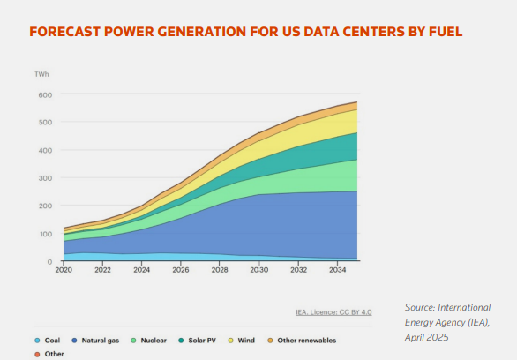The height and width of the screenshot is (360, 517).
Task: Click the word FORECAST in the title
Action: point(64,32)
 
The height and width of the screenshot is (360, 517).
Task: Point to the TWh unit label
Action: point(41,74)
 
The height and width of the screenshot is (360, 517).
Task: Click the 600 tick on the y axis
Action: point(45,95)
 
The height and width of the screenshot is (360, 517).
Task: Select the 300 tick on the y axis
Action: point(45,178)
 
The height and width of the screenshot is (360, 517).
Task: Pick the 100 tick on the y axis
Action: point(46,234)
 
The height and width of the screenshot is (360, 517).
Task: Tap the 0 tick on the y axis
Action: point(49,262)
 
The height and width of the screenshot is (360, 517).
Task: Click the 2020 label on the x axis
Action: point(64,270)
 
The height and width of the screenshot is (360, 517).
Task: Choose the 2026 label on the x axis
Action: point(181,270)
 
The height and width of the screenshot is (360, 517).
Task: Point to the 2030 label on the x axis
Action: point(259,270)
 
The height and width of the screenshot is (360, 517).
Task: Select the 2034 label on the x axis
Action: point(338,270)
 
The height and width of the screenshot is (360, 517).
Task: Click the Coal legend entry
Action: point(48,341)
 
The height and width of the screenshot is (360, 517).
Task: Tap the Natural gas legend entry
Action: point(95,341)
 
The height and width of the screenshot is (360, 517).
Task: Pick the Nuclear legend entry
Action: point(149,341)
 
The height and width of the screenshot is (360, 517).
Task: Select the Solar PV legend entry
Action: point(197,341)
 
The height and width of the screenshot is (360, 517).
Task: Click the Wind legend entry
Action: point(242,341)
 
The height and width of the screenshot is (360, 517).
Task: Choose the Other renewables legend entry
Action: point(302,341)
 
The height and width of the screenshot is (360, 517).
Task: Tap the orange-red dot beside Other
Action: point(37,355)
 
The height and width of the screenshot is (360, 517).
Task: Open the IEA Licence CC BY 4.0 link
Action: point(333,312)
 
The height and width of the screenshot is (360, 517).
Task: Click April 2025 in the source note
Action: point(427,337)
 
